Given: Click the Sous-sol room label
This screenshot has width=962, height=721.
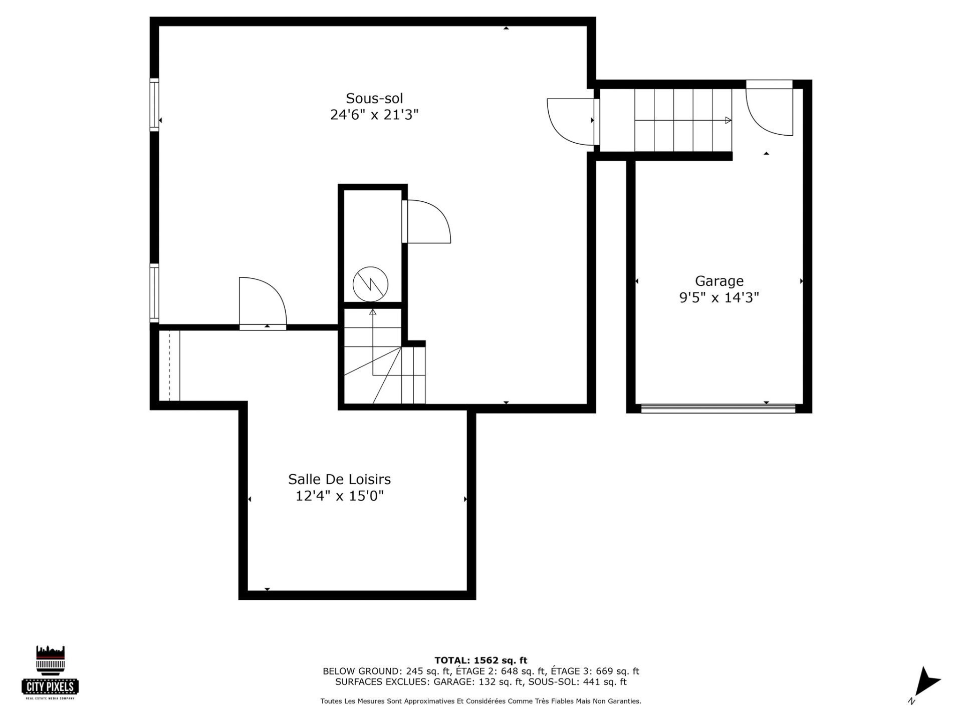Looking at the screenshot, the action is point(374,98).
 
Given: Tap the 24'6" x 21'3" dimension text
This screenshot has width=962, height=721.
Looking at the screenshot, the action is point(374,115).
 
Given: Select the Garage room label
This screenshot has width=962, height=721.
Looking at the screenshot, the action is point(719,281).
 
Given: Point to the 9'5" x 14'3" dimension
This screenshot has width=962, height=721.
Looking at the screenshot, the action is point(719,298).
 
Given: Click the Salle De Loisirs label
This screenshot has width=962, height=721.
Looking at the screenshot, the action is point(339,479).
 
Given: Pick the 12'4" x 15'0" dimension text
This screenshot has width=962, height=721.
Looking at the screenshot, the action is point(339,496).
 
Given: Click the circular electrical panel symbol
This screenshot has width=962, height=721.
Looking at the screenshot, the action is point(370,284).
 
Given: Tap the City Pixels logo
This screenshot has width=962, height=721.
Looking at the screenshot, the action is point(51,672).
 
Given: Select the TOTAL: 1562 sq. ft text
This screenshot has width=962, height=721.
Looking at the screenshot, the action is point(481,660).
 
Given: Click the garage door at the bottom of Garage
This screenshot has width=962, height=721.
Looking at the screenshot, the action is point(718,408).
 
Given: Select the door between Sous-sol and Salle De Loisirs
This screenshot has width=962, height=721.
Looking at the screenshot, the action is point(263,303).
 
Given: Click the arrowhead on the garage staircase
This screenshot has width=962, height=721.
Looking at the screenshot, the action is point(728,120).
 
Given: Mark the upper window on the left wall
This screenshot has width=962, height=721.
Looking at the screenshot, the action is point(154,105).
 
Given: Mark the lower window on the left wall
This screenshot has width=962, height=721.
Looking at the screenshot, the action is point(154,293).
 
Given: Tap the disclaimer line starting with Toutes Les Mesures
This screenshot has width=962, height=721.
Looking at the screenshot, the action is point(481,701).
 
